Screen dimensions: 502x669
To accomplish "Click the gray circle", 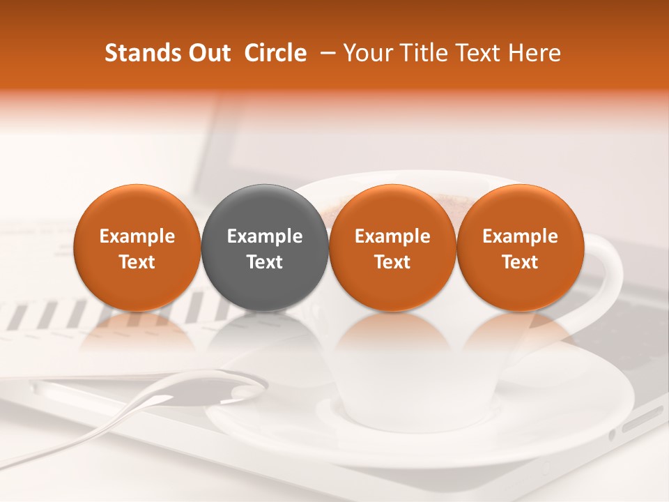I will [x=265, y=248].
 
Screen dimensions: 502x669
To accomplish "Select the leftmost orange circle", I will [x=137, y=248].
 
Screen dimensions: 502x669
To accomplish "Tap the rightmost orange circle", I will [x=520, y=248].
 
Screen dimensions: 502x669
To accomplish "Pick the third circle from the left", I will [x=392, y=248].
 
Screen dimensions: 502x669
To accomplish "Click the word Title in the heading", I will [x=420, y=53].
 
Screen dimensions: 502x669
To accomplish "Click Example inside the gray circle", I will [x=265, y=236].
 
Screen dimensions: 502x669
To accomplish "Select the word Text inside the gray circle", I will [x=265, y=262].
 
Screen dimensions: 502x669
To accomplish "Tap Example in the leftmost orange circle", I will [x=137, y=236].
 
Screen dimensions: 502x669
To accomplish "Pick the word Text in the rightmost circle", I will [x=520, y=262].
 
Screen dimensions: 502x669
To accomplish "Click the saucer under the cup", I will [x=446, y=446].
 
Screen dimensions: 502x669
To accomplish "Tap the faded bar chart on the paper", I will [x=49, y=314].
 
